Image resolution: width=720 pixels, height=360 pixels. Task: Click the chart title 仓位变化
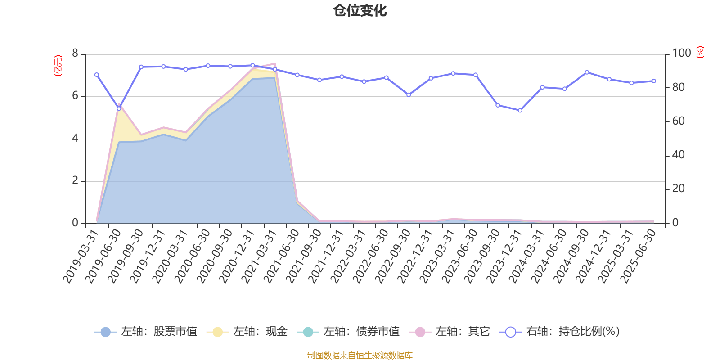point(360,10)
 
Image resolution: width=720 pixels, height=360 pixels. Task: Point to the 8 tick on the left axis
point(75,54)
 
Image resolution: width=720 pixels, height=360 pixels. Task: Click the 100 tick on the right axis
point(681,54)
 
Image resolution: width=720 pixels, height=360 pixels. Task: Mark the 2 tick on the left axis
point(75,181)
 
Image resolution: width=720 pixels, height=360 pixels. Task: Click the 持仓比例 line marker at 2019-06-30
point(119,108)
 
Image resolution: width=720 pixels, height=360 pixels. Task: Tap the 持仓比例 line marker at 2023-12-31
point(520,110)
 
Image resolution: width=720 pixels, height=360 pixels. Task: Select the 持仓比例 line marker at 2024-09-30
point(587,72)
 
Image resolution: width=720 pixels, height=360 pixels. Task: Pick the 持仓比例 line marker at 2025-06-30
point(654,81)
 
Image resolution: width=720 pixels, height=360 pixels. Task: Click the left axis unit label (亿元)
point(58,66)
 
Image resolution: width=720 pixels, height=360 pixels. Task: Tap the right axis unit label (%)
point(700,52)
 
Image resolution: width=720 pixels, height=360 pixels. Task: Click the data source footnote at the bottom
point(360,355)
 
